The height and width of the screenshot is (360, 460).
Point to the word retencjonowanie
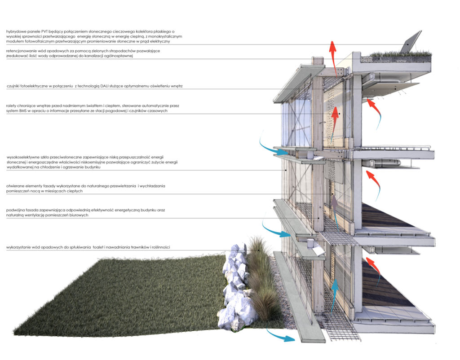tap(22, 51)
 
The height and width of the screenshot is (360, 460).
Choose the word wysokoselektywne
tap(24, 158)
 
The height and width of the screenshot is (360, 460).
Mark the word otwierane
tap(15, 186)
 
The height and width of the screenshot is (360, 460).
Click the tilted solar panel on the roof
tap(410, 42)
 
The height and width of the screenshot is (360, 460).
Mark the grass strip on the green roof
tap(395, 56)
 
